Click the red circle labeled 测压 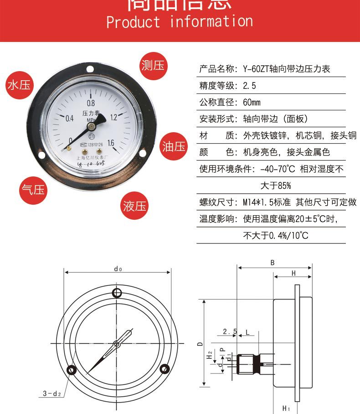coord(153,66)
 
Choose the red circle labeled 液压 coord(135,206)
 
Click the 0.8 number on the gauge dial coord(91,103)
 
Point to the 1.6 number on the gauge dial coord(111,142)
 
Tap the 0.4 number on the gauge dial coord(70,119)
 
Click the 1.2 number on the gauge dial coord(114,117)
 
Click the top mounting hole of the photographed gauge coord(90,70)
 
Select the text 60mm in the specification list coord(252,103)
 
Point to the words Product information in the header coord(180,22)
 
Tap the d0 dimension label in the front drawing coord(118,269)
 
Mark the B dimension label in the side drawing coord(273,263)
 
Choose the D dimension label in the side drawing coord(200,343)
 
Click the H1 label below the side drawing coord(286,408)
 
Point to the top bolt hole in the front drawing coord(117,292)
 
